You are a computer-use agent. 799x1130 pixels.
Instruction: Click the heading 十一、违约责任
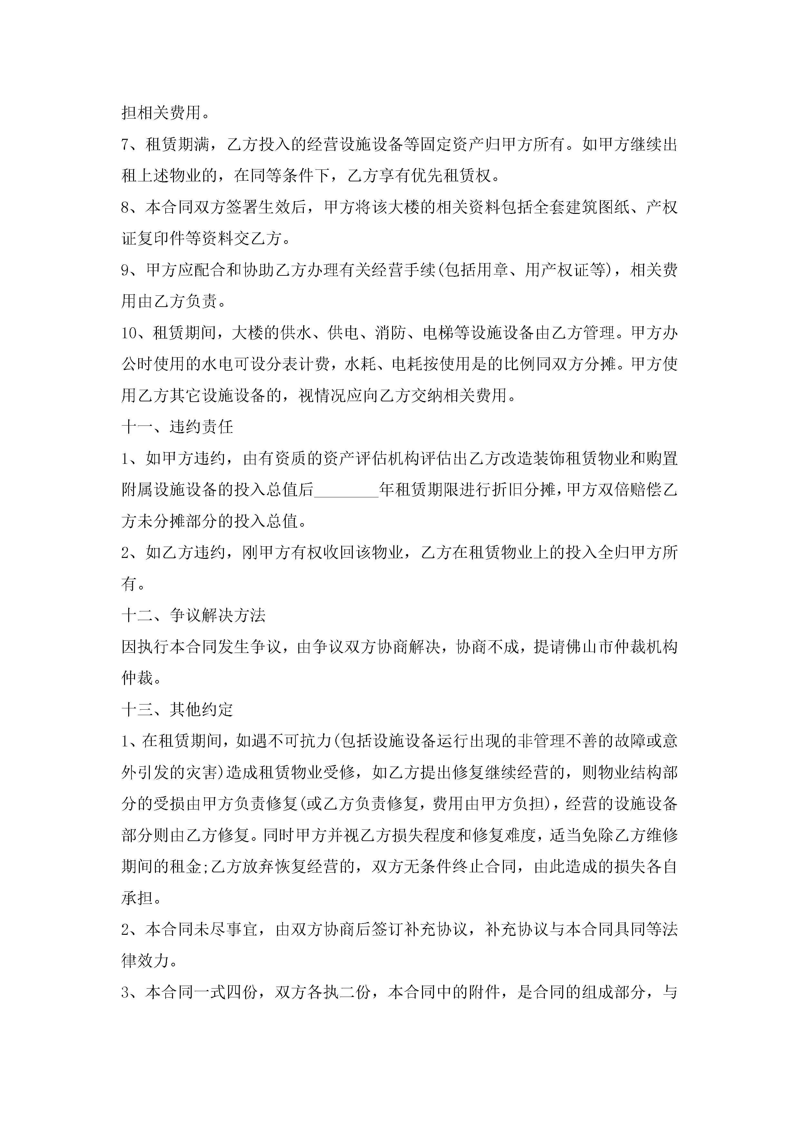click(177, 427)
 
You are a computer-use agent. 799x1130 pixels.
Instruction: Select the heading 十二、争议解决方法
click(194, 615)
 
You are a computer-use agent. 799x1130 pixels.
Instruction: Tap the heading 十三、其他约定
click(177, 710)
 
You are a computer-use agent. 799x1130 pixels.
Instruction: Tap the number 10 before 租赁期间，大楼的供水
click(130, 333)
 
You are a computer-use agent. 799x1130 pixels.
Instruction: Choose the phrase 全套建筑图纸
click(581, 207)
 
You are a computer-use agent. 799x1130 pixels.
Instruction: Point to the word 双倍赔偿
click(630, 490)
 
